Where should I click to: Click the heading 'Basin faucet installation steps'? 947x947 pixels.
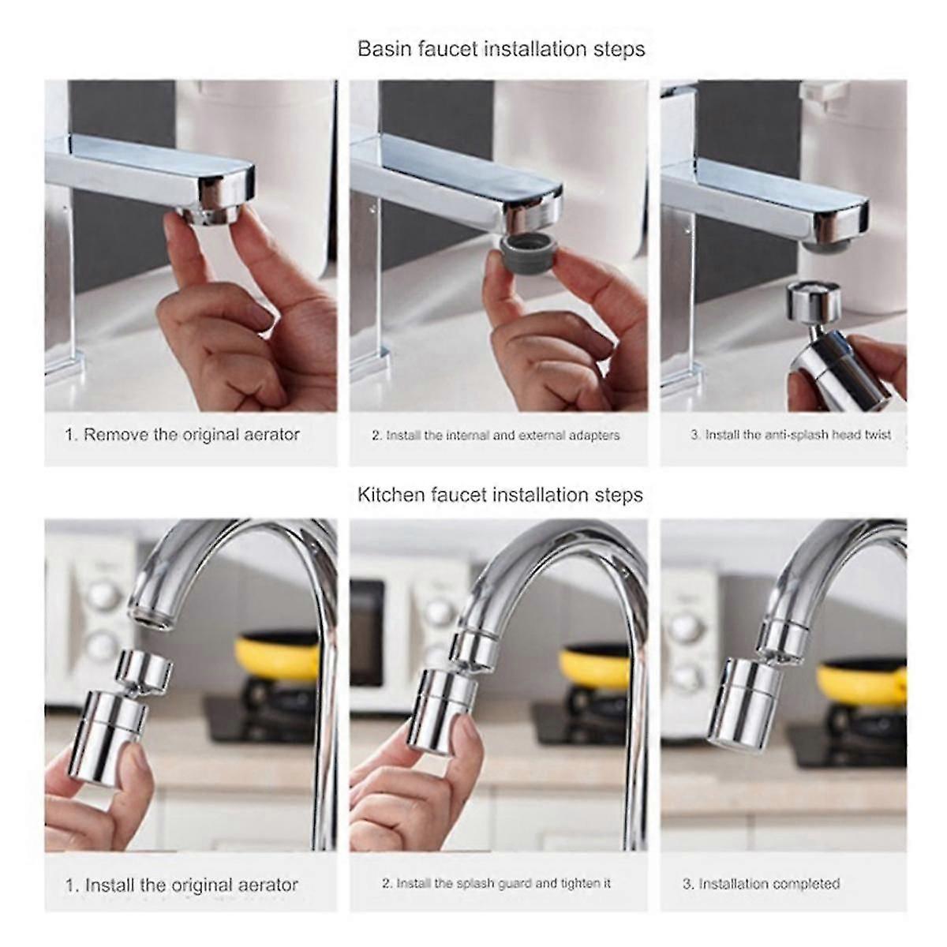point(501,49)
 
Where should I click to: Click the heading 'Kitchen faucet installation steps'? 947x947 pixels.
point(500,495)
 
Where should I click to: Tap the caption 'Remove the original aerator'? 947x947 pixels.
point(182,435)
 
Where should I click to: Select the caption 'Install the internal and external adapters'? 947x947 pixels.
point(496,435)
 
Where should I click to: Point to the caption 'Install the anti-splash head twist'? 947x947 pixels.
point(790,435)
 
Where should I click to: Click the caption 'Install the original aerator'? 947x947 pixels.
point(182,885)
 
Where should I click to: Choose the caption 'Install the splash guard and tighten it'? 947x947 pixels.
point(496,883)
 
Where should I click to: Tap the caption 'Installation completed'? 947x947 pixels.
point(761,884)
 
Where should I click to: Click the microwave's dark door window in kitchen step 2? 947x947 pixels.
point(366,631)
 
